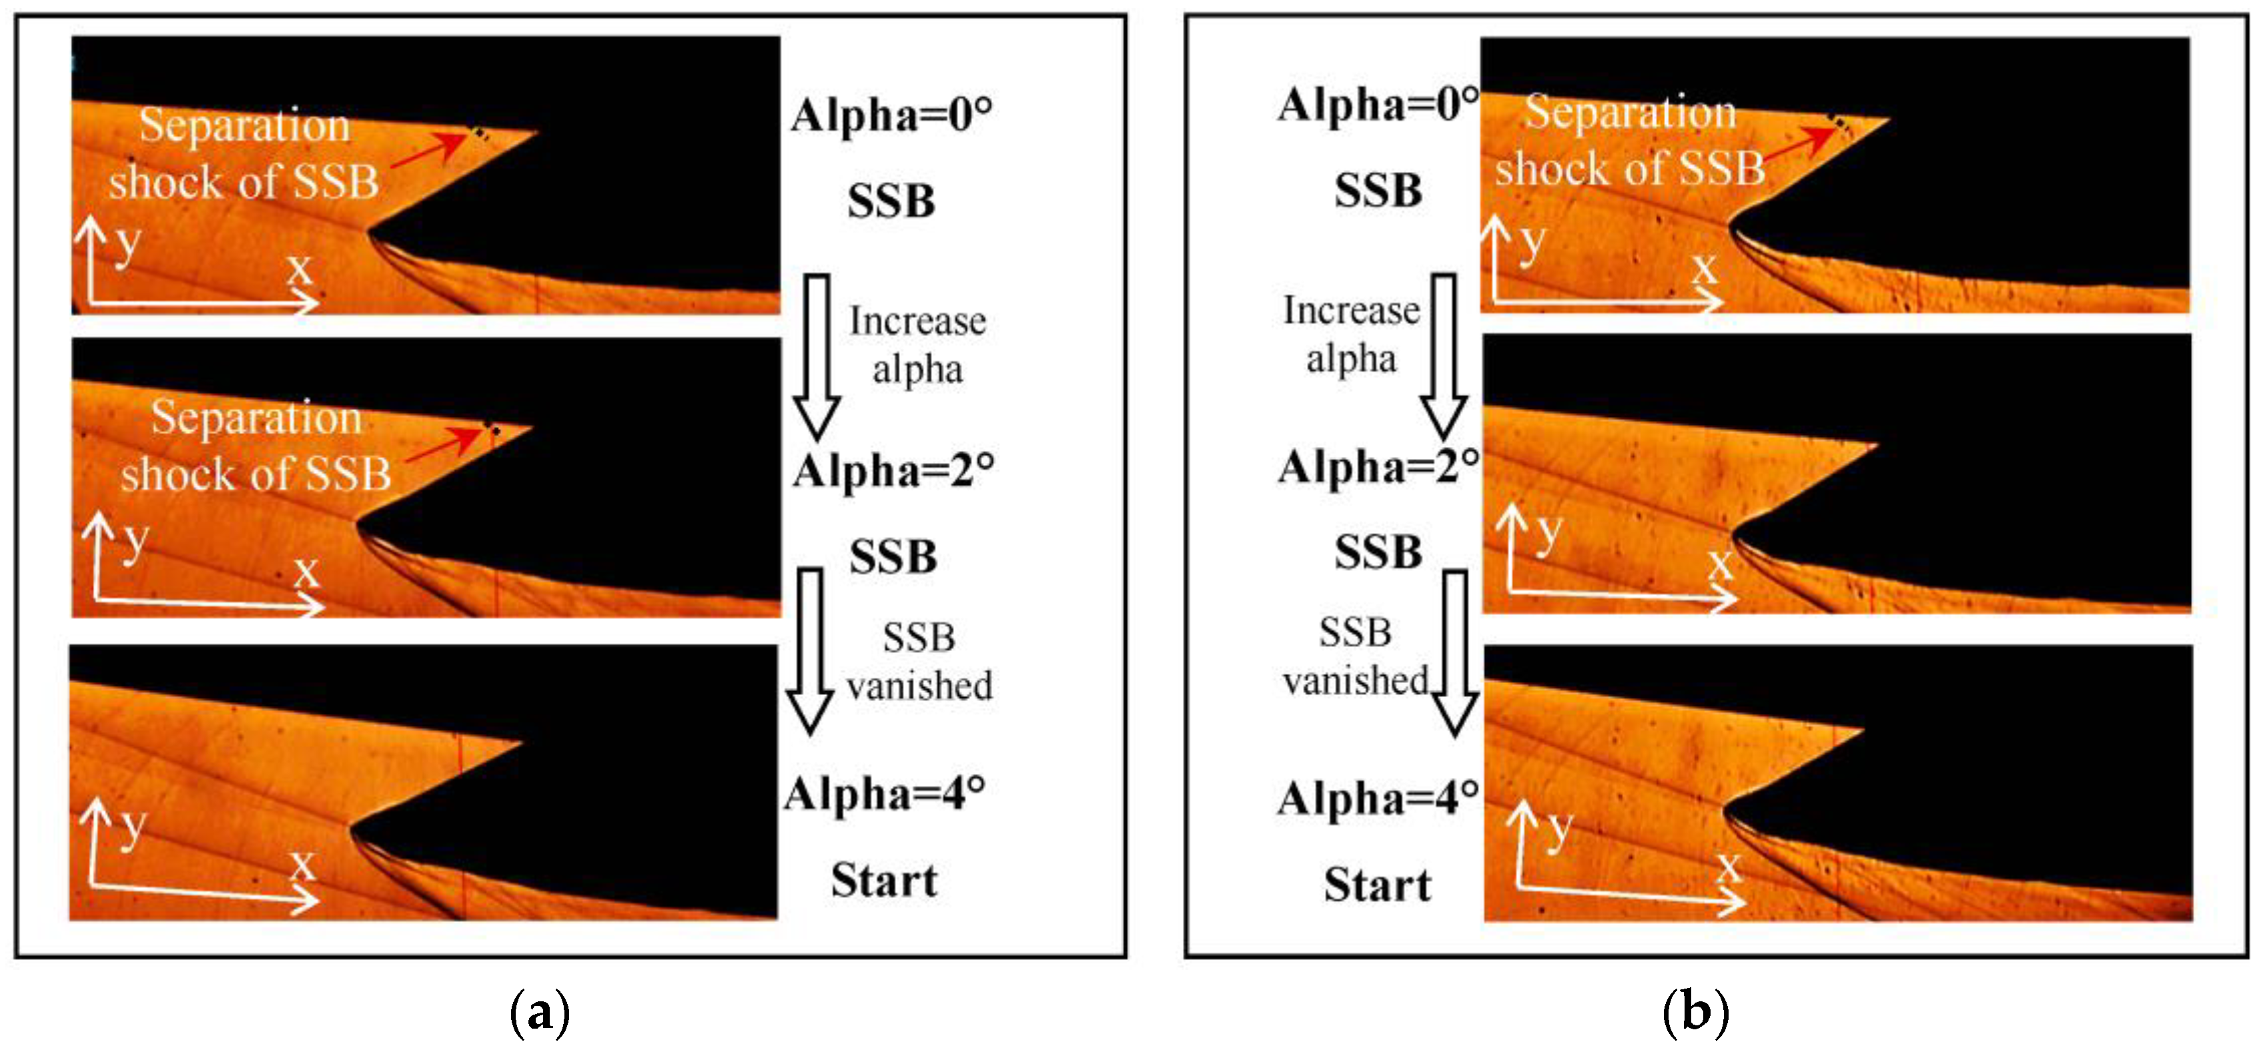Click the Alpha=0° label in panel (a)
pyautogui.click(x=891, y=115)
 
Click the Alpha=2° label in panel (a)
pyautogui.click(x=893, y=472)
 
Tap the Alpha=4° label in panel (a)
pyautogui.click(x=885, y=795)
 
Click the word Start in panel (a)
pyautogui.click(x=885, y=881)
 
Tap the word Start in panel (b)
pyautogui.click(x=1377, y=885)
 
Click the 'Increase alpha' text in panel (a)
pyautogui.click(x=917, y=345)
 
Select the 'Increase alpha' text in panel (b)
pyautogui.click(x=1351, y=334)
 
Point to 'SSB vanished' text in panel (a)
pyautogui.click(x=919, y=662)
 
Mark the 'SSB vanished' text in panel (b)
pyautogui.click(x=1355, y=656)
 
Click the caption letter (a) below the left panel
pyautogui.click(x=540, y=1012)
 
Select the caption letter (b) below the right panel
pyautogui.click(x=1696, y=1012)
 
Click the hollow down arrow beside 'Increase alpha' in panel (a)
pyautogui.click(x=817, y=356)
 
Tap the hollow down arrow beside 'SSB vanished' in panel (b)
pyautogui.click(x=1455, y=652)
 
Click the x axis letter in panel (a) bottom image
pyautogui.click(x=303, y=865)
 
